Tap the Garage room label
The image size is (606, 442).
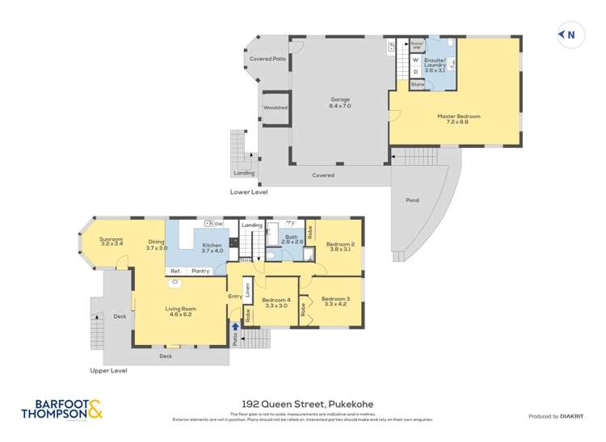339,102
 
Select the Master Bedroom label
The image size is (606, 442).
459,119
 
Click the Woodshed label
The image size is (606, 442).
275,107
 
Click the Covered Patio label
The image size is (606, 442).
267,59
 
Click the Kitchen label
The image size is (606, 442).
211,247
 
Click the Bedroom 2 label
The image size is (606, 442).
340,246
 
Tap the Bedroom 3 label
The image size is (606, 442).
334,301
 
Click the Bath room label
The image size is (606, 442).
292,239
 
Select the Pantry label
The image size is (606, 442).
200,272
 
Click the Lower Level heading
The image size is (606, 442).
249,192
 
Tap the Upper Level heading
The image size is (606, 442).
108,371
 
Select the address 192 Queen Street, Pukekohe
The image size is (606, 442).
303,404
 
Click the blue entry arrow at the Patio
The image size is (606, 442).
236,327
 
